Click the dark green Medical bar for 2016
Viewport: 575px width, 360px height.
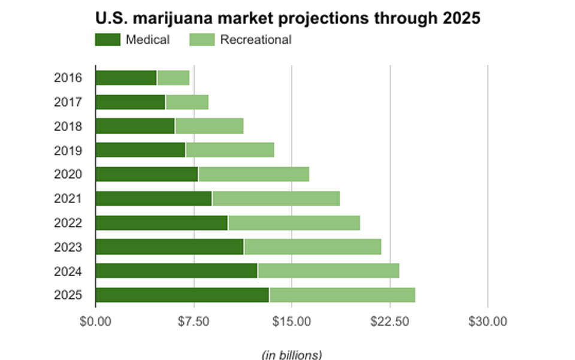126,78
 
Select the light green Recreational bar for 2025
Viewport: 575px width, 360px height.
342,295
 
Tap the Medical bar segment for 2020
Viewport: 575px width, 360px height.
147,174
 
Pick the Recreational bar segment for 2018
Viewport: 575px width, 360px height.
209,126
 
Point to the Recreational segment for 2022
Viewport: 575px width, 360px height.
293,223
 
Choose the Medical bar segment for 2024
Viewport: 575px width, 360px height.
176,271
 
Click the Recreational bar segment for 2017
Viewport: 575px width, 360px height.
187,102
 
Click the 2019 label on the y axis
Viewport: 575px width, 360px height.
68,150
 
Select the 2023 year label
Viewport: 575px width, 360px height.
68,247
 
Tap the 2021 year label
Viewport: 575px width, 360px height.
68,198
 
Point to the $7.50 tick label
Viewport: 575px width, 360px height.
193,322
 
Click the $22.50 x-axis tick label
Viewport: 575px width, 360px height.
390,322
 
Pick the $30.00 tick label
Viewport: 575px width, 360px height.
488,322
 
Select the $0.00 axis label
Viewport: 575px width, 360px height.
96,322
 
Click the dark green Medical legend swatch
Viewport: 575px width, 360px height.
108,40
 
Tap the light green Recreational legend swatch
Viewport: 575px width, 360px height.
202,40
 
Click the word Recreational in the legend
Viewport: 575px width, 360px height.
256,40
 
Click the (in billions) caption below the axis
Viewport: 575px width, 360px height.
292,354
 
